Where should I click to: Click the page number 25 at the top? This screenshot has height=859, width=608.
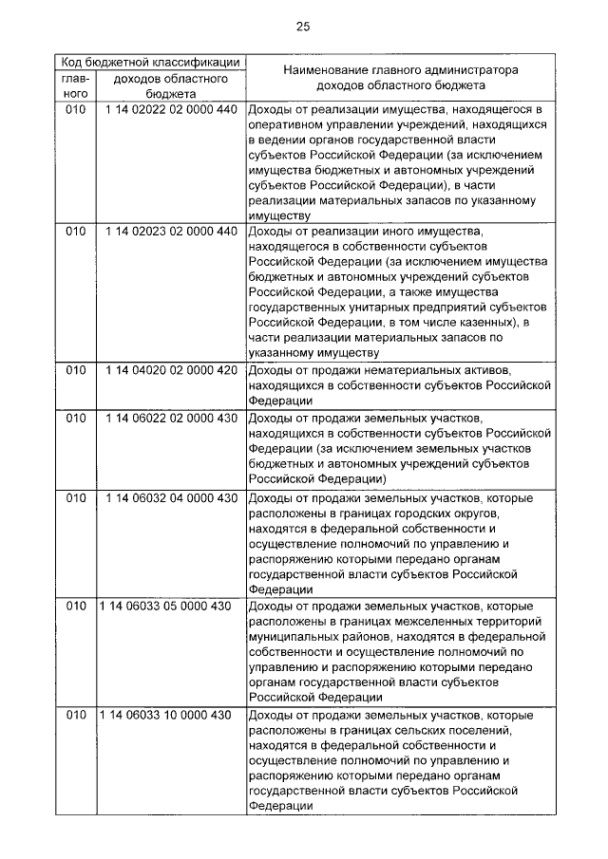[303, 26]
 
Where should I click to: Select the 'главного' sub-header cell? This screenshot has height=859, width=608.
[76, 86]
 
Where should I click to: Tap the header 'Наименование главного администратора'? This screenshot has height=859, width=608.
[398, 70]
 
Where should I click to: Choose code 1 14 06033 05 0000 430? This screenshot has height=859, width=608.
[164, 606]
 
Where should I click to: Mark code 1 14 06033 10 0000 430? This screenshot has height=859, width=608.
[164, 714]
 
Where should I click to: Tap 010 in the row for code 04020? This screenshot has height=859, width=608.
[76, 369]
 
